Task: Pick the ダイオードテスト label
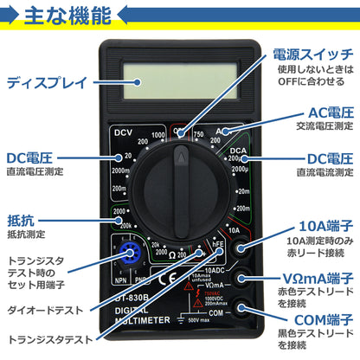click(46, 309)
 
